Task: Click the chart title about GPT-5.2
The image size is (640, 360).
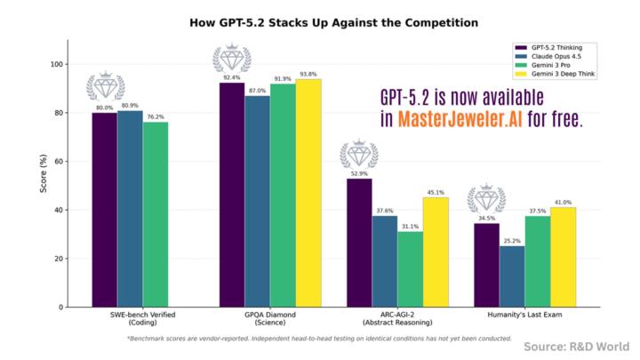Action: coord(320,21)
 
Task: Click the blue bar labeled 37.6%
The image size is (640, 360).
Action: coord(385,261)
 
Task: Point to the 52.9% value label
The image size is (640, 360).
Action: coord(359,173)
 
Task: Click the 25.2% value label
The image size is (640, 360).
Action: coord(512,240)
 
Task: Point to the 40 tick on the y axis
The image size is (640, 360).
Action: coord(58,211)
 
